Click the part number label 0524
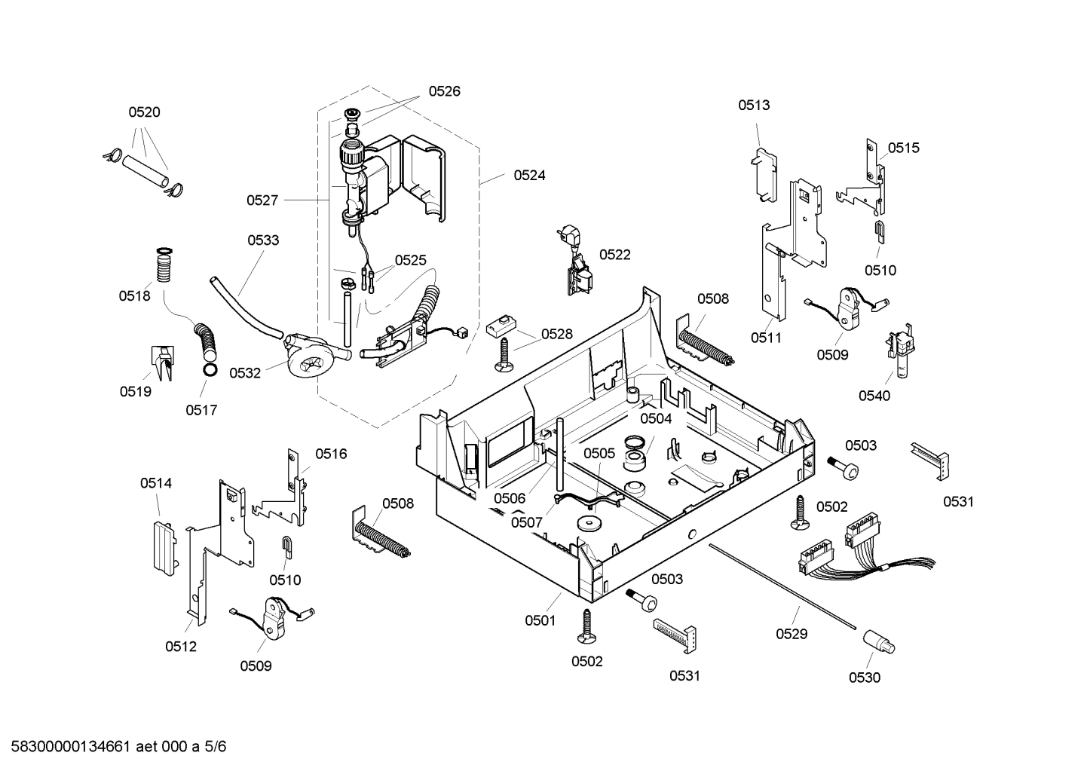(x=529, y=175)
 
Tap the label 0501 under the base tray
(x=540, y=620)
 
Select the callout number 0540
(x=874, y=395)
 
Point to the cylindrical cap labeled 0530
(x=877, y=642)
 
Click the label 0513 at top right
(x=754, y=105)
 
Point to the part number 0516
(x=331, y=453)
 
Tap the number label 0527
(x=262, y=200)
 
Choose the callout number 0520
(x=144, y=112)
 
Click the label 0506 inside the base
(x=510, y=497)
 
